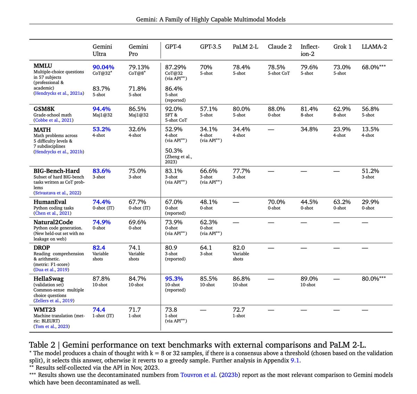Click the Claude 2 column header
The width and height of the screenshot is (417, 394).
pos(280,47)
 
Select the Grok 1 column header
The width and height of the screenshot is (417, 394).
pos(342,47)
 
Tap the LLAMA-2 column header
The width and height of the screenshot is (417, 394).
pos(374,47)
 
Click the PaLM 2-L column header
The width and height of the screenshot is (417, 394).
pos(245,47)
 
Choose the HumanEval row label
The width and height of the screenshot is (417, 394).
pos(50,202)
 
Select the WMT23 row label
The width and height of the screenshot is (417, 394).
pos(44,310)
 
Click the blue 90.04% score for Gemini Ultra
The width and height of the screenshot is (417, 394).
pos(103,67)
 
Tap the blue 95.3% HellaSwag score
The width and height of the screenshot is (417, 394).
pos(174,279)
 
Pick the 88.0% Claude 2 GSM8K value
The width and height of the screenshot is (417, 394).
pos(277,109)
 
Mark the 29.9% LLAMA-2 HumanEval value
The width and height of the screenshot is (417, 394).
pos(370,202)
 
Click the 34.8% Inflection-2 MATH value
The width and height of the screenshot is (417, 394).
pos(309,129)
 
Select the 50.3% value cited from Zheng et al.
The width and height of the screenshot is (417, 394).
pos(174,151)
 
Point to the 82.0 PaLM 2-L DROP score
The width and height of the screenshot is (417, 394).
pos(239,248)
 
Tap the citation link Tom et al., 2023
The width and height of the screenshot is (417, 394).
pos(51,326)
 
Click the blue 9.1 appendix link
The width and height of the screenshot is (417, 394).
pos(295,360)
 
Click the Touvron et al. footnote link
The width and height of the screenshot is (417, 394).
pos(198,375)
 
